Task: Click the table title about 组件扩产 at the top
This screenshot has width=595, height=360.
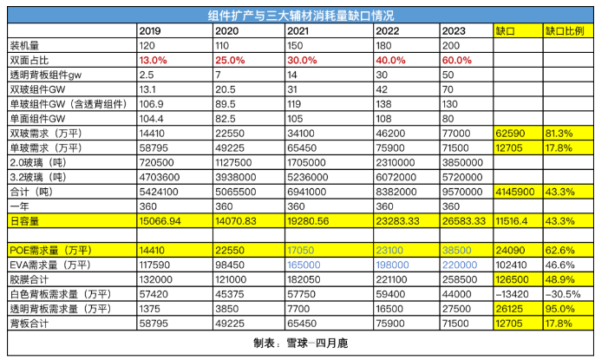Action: point(297,15)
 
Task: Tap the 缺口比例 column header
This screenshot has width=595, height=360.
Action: point(564,30)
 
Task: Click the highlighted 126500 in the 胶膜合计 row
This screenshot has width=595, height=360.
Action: point(513,278)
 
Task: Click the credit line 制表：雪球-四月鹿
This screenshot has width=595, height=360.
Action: point(297,343)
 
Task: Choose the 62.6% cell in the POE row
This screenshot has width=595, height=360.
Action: point(559,249)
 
